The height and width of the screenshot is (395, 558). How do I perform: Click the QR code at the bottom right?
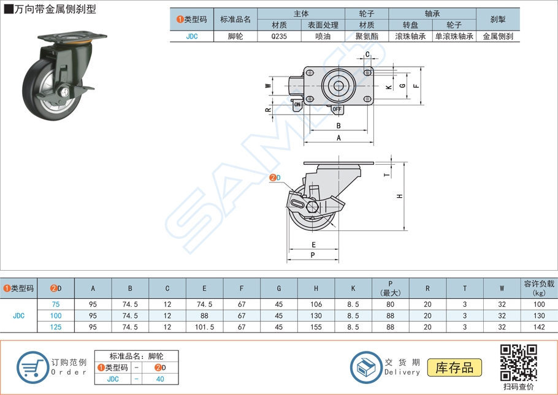point(518,363)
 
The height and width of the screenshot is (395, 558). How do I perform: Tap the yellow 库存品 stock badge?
point(454,367)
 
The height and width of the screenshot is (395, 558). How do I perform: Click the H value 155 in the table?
point(316,327)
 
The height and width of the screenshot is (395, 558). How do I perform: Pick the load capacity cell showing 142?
point(539,327)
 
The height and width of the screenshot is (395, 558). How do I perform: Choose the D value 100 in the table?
point(56,315)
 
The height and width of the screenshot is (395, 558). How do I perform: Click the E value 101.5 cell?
point(204,327)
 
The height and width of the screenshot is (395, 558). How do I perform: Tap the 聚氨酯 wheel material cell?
point(367,36)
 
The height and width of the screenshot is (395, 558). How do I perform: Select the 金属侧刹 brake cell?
point(497,36)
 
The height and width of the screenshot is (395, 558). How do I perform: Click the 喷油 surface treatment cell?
point(323,36)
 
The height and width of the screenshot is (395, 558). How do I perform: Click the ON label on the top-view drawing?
point(297,105)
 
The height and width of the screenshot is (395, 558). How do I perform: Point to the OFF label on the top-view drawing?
point(337,110)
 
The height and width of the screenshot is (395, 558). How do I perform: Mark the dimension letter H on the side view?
point(399,197)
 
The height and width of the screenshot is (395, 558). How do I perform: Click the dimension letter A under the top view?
point(338,138)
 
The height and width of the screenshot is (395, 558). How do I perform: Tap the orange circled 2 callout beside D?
point(272,178)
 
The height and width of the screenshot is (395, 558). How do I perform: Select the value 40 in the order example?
point(160,379)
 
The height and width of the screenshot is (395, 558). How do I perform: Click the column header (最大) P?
point(390,289)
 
